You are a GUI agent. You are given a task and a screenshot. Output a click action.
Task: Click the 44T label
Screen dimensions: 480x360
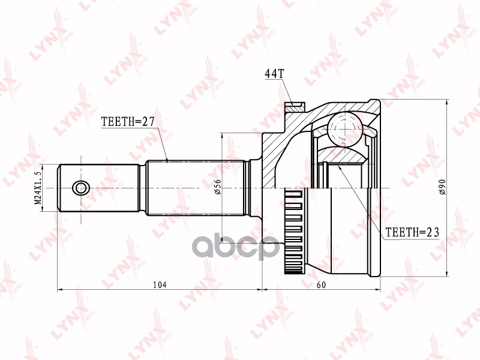pyautogui.click(x=274, y=73)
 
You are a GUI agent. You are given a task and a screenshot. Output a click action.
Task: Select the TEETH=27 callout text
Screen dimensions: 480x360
pyautogui.click(x=128, y=122)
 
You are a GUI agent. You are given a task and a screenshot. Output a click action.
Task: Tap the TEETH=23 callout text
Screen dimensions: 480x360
pyautogui.click(x=412, y=232)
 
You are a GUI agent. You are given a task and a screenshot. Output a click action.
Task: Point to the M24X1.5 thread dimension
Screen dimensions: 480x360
pyautogui.click(x=38, y=188)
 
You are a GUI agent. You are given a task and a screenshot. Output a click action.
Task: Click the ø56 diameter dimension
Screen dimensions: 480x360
pyautogui.click(x=217, y=187)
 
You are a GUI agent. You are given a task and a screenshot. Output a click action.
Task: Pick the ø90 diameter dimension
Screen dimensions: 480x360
pyautogui.click(x=443, y=187)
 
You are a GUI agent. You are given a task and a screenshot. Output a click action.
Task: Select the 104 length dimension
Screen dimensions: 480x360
pyautogui.click(x=160, y=284)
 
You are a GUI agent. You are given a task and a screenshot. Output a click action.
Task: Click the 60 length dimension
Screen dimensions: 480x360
pyautogui.click(x=321, y=284)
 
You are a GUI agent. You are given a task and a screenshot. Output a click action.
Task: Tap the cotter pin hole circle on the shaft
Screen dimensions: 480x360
pyautogui.click(x=81, y=188)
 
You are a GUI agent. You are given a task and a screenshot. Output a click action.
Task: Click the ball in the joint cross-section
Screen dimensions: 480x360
pyautogui.click(x=345, y=128)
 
